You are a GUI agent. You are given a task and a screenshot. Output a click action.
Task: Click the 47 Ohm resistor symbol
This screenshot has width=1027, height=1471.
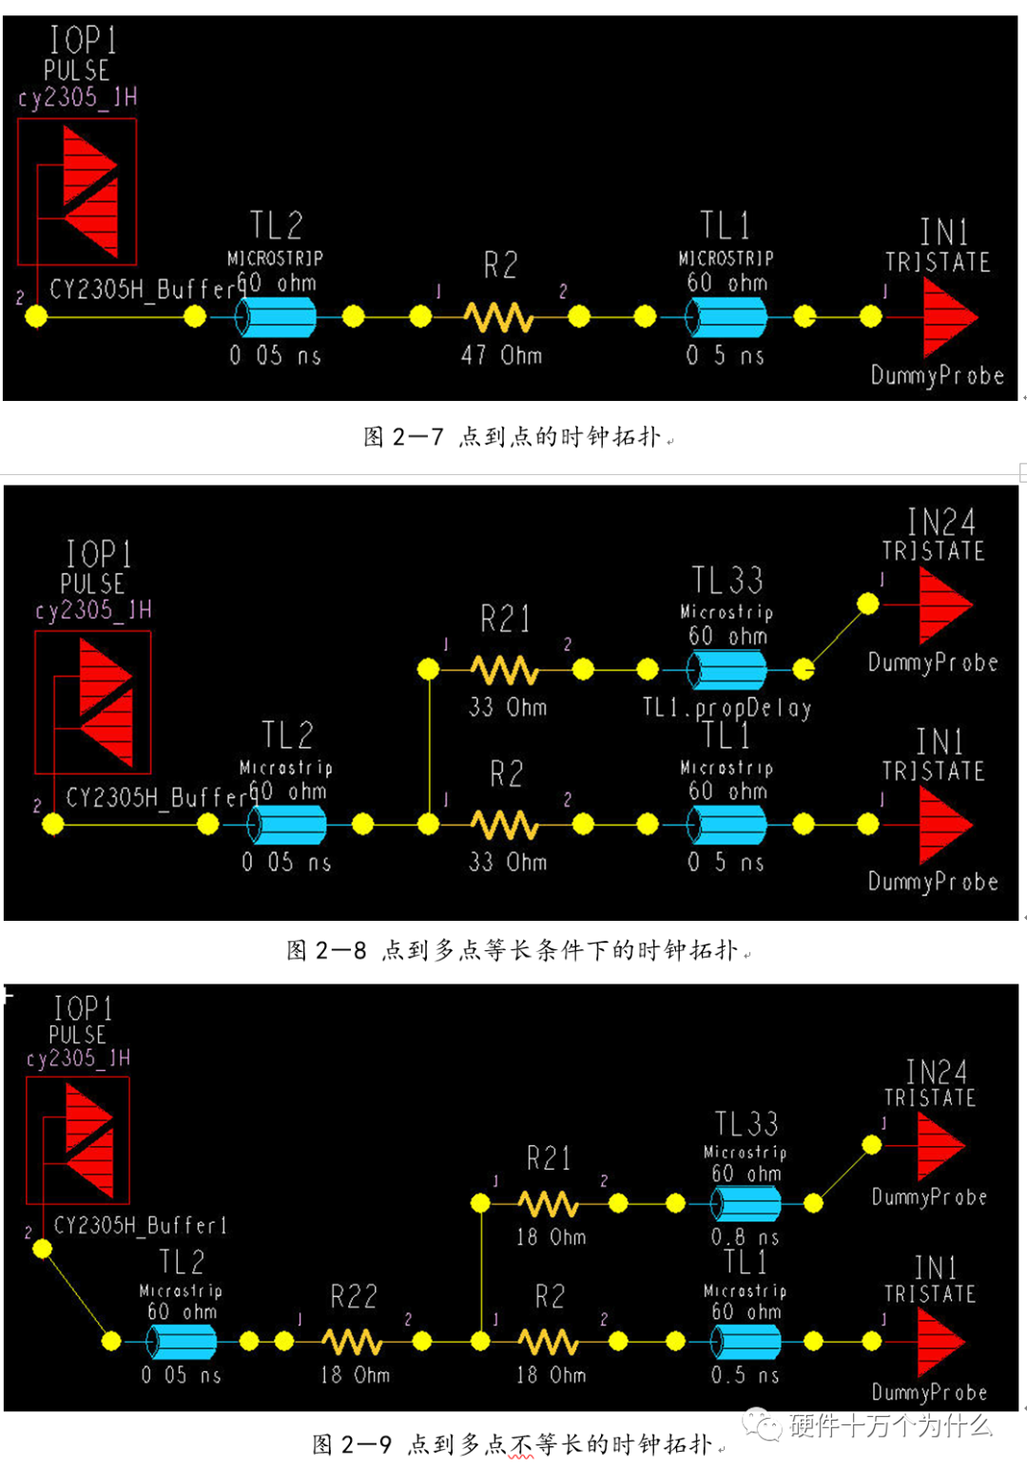(498, 316)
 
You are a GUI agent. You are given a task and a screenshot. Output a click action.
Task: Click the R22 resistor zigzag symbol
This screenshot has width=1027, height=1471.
(353, 1341)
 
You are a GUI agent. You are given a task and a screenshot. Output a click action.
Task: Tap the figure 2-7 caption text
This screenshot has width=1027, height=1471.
(513, 437)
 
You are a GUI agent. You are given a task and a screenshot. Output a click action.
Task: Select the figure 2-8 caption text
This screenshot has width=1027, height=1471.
(513, 950)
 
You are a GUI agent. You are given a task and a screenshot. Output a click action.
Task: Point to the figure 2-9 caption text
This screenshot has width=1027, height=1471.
(513, 1444)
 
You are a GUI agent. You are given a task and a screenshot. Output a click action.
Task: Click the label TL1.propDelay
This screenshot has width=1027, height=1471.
(727, 708)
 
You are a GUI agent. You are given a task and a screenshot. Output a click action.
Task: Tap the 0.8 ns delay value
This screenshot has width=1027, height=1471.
(746, 1237)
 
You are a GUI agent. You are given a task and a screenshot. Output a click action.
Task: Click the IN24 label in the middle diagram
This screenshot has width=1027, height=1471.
(940, 522)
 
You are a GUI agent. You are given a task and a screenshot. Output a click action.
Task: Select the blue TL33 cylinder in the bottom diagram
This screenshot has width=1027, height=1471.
(747, 1203)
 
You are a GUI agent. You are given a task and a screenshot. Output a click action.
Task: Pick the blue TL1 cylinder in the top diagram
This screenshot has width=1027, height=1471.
(726, 316)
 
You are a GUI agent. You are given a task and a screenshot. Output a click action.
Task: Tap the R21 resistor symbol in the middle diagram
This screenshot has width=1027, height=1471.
(505, 670)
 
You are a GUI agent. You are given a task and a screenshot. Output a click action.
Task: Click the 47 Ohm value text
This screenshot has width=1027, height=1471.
(501, 355)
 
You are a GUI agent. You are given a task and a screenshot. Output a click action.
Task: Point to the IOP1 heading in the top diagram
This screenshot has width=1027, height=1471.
(84, 40)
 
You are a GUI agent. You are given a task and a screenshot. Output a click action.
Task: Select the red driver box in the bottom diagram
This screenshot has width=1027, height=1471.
(77, 1140)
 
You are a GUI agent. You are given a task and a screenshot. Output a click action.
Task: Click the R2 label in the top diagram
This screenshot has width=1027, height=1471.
(500, 265)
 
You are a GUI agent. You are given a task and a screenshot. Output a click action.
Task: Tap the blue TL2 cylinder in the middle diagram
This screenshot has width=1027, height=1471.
(287, 825)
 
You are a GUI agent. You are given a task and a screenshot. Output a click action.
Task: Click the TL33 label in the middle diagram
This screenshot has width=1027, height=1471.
(727, 580)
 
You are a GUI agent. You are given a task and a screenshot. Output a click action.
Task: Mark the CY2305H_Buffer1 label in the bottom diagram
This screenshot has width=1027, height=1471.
(140, 1226)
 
